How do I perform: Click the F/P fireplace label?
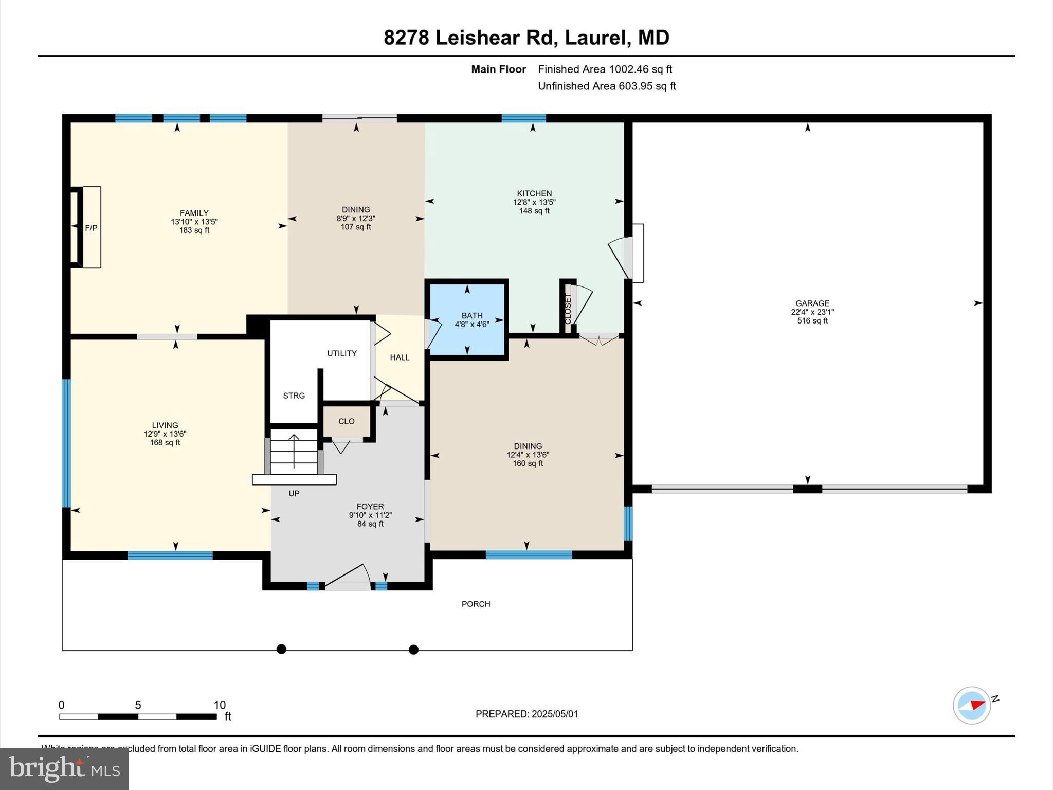coord(91,228)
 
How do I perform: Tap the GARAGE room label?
coord(812,303)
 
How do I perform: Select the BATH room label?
coord(472,316)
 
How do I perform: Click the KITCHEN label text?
coord(534,193)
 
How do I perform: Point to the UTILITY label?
coord(342,353)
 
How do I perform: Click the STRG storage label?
coord(294,396)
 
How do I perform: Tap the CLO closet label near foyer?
coord(347,421)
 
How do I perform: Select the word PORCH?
coord(476,604)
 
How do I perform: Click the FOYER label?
coord(370,507)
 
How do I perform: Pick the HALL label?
coord(400,357)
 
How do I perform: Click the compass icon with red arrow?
coord(971,706)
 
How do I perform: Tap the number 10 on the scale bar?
coord(220,705)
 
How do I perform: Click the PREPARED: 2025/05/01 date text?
coord(526,714)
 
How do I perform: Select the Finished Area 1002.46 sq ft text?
coord(605,69)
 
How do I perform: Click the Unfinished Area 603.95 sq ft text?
coord(607,86)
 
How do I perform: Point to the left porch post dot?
coord(281,649)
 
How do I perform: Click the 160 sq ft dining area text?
coord(528,463)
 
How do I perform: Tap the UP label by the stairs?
coord(294,493)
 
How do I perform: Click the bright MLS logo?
coord(64,768)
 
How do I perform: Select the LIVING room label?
coord(165,425)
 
